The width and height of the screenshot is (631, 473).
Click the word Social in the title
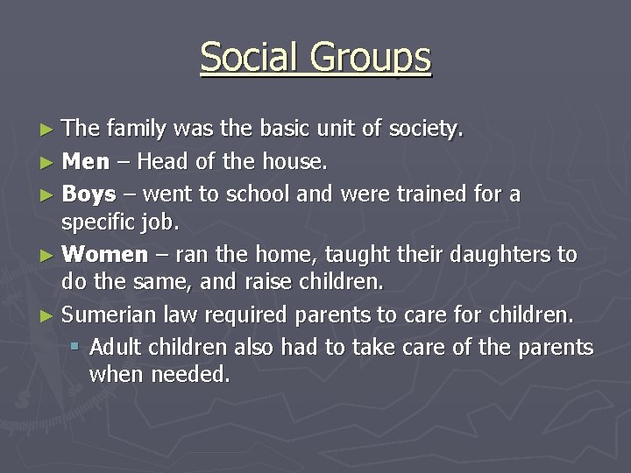(249, 58)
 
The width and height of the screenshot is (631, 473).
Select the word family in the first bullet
(137, 130)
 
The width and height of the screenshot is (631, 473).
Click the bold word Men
(86, 162)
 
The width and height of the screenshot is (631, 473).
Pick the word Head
(166, 162)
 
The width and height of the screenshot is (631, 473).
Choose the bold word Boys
(89, 194)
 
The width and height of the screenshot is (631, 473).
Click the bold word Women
(105, 255)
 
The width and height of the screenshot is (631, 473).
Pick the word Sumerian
(115, 314)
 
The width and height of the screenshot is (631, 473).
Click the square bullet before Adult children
(75, 347)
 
